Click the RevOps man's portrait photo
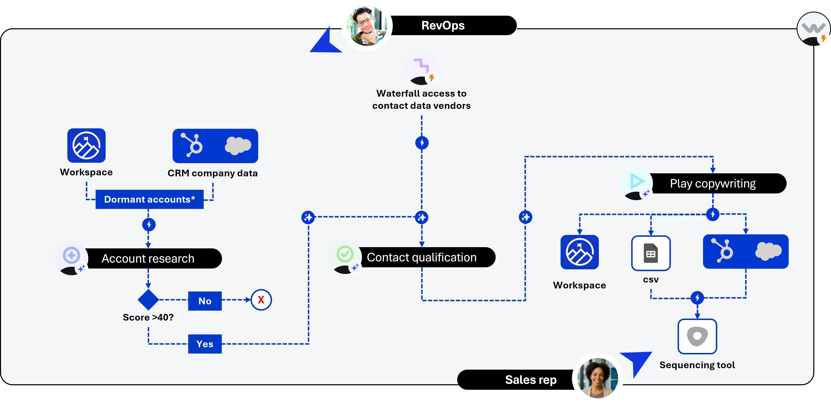(x=367, y=26)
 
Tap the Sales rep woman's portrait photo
(x=597, y=378)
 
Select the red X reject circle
(x=261, y=300)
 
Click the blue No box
(x=205, y=301)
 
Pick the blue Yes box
(x=205, y=344)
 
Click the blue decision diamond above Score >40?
(x=148, y=299)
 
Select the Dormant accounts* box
(x=149, y=199)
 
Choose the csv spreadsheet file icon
(x=651, y=253)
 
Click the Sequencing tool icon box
(x=697, y=336)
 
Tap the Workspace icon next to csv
(x=579, y=252)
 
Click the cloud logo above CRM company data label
(x=238, y=145)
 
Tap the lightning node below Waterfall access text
(x=422, y=143)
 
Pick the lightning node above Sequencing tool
(x=697, y=297)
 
